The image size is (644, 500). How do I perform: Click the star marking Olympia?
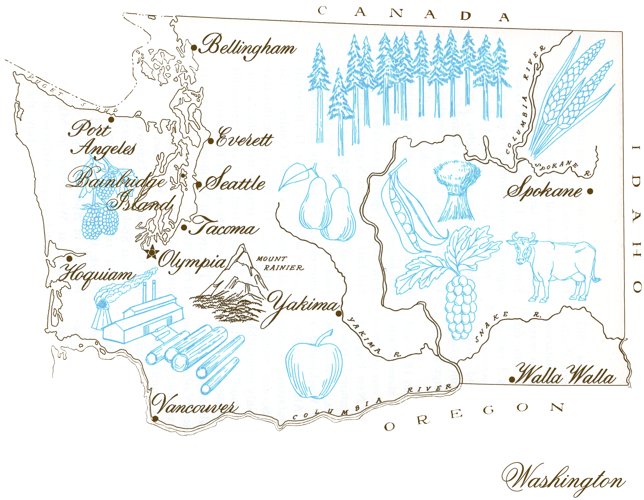(x=152, y=252)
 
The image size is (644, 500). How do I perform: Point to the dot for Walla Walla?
(x=512, y=380)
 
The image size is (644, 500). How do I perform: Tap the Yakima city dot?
(x=339, y=313)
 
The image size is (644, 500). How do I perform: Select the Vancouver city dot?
(x=155, y=419)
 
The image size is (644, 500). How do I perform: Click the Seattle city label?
(x=234, y=182)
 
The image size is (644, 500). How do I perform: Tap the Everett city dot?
(x=211, y=141)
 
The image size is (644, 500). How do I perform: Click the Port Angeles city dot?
(x=111, y=119)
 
